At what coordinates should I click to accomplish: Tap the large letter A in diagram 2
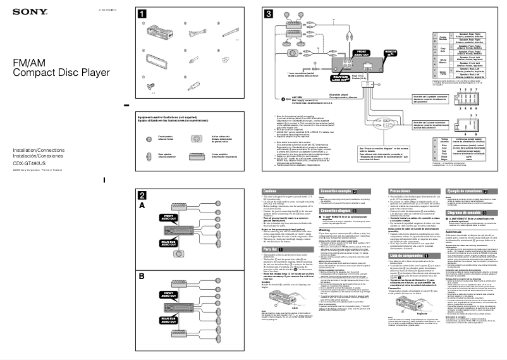coord(142,205)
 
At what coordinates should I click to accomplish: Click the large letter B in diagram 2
coord(142,276)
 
